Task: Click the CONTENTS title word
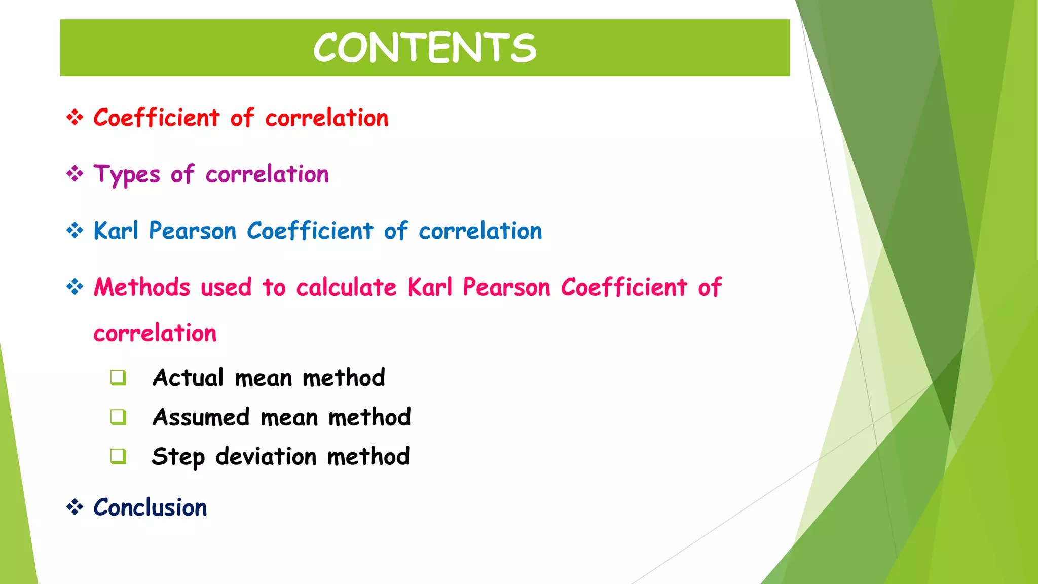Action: (425, 48)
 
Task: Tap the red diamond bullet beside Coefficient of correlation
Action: (75, 118)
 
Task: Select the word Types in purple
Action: (127, 175)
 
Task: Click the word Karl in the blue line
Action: (116, 231)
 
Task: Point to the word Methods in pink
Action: (142, 287)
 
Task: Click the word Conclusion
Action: (150, 507)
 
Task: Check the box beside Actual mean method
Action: (118, 378)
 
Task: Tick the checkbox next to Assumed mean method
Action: (118, 417)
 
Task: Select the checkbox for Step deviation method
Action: (118, 456)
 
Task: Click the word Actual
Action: (188, 378)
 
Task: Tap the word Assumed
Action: (201, 417)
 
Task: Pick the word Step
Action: (178, 457)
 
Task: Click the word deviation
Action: (266, 456)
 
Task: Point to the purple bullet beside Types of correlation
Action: (75, 174)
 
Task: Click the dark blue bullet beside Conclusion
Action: (75, 507)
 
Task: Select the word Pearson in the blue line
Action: (193, 231)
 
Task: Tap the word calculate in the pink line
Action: (346, 287)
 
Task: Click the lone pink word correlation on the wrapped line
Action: (155, 333)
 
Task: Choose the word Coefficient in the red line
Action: (157, 118)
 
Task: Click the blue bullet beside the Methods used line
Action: (75, 287)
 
